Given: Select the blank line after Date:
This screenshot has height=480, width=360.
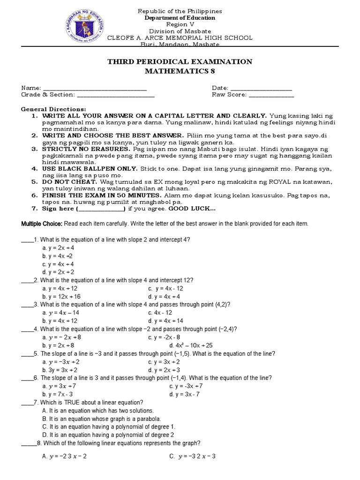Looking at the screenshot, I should pos(261,89).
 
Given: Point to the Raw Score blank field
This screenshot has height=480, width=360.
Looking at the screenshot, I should pos(271,95).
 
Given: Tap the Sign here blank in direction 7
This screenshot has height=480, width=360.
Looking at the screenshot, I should pos(100,209).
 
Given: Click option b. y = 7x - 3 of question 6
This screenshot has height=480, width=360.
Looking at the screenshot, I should pos(58,394).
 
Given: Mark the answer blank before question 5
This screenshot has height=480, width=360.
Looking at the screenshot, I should pos(27,353).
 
